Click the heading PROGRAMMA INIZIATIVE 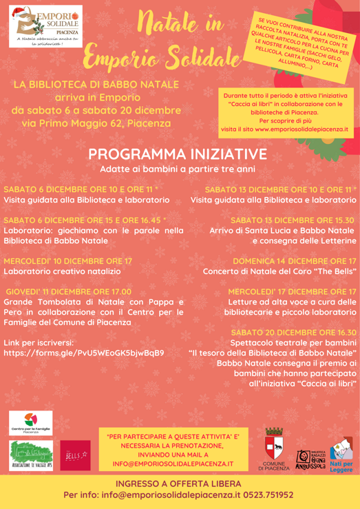pos(180,154)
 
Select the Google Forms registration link pos(84,353)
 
